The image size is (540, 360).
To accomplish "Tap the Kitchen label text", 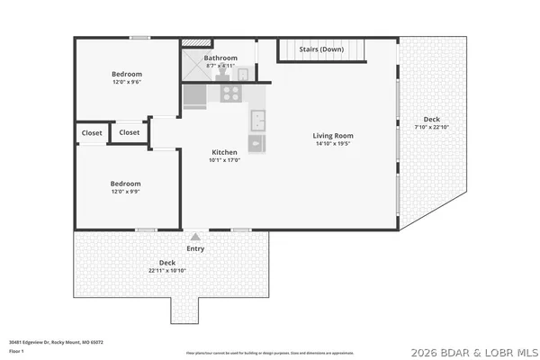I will [224, 152].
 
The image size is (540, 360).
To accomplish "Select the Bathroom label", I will [220, 58].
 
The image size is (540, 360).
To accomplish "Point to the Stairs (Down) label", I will [321, 49].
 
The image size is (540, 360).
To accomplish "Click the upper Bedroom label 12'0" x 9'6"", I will [126, 74].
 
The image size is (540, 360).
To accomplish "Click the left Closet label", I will [91, 132].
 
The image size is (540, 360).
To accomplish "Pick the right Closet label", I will [130, 132].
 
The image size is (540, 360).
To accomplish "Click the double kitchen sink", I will [257, 118].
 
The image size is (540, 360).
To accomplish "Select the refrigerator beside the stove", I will [195, 95].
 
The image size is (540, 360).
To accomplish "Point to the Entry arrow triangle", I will [194, 237].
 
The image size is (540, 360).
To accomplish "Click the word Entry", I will [195, 248].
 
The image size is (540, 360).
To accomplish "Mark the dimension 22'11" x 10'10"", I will [167, 270].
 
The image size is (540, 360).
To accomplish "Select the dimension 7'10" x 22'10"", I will [432, 127].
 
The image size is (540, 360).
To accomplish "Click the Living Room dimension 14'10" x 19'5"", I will [332, 144].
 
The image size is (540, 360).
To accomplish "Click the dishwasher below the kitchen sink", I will [257, 143].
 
